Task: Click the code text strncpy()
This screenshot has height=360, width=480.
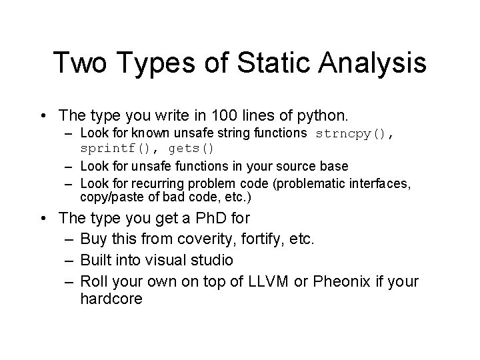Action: [x=354, y=133]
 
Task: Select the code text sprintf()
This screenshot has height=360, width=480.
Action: [x=118, y=147]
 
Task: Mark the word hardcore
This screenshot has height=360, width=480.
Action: [x=111, y=299]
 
